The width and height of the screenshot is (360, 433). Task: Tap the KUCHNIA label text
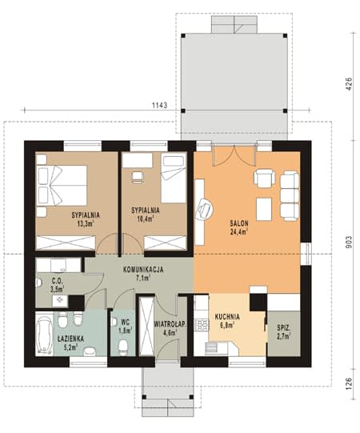(x=227, y=317)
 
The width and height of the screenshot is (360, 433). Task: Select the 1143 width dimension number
(x=160, y=105)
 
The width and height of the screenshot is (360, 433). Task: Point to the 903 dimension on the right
(x=350, y=243)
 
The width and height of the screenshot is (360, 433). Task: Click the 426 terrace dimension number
(x=350, y=84)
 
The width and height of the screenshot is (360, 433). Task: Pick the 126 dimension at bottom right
(x=350, y=383)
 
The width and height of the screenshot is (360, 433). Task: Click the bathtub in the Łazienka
(x=45, y=335)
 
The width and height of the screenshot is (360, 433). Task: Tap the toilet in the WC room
(x=123, y=347)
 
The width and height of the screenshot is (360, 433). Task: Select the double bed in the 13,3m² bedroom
(x=62, y=186)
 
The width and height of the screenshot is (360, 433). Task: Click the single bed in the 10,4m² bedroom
(x=174, y=179)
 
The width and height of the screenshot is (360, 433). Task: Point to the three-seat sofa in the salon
(x=290, y=196)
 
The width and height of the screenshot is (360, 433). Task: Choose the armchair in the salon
(x=264, y=178)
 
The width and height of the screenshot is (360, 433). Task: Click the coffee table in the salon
(x=264, y=209)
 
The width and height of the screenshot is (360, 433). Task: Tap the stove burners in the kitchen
(x=202, y=324)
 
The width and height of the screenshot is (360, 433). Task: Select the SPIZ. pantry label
(x=284, y=328)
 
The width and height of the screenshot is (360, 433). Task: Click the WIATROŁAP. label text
(x=170, y=324)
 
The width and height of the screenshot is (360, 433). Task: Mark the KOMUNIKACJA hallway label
(x=143, y=270)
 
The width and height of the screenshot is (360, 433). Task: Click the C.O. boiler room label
(x=58, y=281)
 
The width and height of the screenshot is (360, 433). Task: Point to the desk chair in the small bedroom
(x=138, y=177)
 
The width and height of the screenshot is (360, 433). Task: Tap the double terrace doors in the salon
(x=234, y=156)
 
